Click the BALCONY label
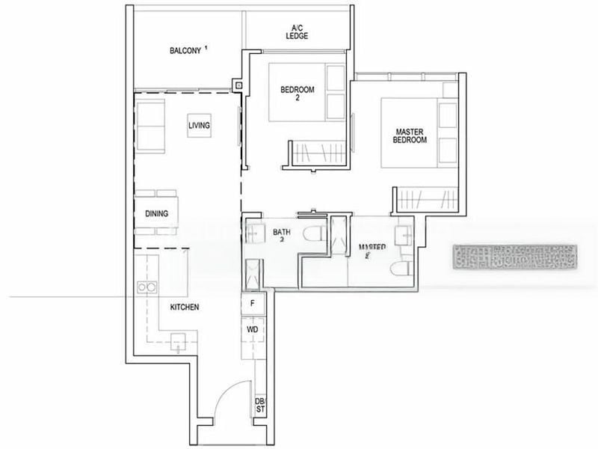coord(185,51)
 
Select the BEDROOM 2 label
coord(298,94)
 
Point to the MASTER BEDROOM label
coord(410,135)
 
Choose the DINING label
coord(156,214)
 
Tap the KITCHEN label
coord(184,308)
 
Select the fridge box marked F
coord(253,304)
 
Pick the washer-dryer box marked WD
coord(253,329)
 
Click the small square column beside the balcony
coord(238,85)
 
